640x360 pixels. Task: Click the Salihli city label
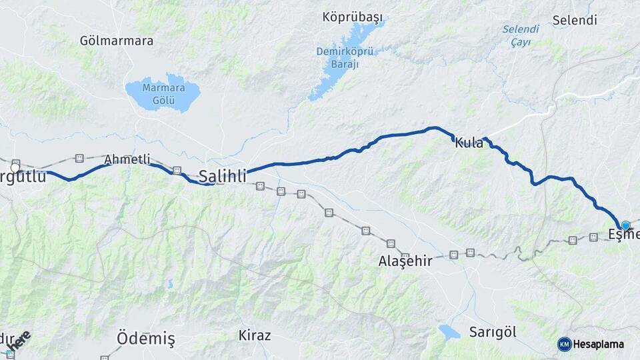[x=223, y=177]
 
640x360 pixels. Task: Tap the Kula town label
[x=469, y=143]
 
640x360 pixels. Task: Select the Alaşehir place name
[x=405, y=261]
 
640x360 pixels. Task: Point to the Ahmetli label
[x=127, y=160]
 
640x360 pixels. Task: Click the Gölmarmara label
[x=116, y=41]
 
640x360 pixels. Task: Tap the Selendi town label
[x=574, y=21]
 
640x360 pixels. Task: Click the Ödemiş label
[x=145, y=339]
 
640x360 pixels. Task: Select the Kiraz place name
[x=255, y=335]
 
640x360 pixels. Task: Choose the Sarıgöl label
[x=492, y=331]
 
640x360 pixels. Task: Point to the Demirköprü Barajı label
[x=345, y=58]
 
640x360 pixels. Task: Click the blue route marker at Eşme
[x=625, y=225]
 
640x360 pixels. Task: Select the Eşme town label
[x=624, y=235]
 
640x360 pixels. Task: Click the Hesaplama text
[x=599, y=344]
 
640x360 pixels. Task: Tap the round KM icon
[x=564, y=344]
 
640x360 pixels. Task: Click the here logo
[x=19, y=340]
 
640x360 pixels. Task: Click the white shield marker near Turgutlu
[x=15, y=165]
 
